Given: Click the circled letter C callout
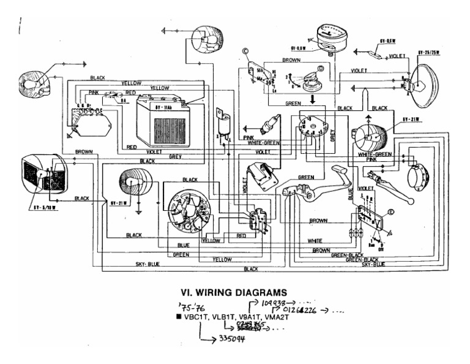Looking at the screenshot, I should tap(246, 53).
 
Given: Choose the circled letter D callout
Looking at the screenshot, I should tap(319, 69).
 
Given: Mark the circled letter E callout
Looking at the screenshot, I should tap(392, 211).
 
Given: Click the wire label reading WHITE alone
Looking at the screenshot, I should tap(315, 240).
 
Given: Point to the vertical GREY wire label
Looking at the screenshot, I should tap(332, 135).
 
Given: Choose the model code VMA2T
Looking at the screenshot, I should tap(275, 317).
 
